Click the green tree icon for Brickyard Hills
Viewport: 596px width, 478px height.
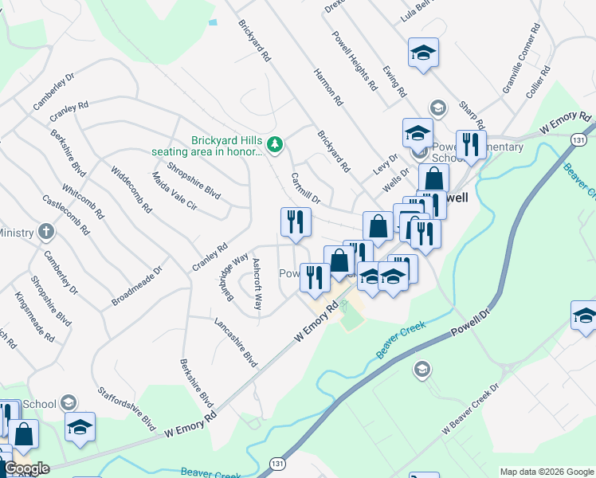tap(276, 143)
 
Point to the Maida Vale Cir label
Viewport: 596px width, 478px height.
tap(173, 190)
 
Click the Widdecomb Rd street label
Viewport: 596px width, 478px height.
tap(131, 189)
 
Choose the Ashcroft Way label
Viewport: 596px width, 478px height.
tap(257, 284)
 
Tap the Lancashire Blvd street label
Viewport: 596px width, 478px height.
tap(236, 343)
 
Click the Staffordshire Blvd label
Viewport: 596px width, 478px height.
tap(126, 409)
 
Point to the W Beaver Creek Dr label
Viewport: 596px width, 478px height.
tap(471, 409)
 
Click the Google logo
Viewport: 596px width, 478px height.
tap(26, 468)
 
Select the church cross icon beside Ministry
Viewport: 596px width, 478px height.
tap(46, 233)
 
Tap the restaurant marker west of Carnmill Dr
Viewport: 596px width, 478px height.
tap(295, 221)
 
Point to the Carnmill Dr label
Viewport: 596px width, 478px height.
tap(305, 189)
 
